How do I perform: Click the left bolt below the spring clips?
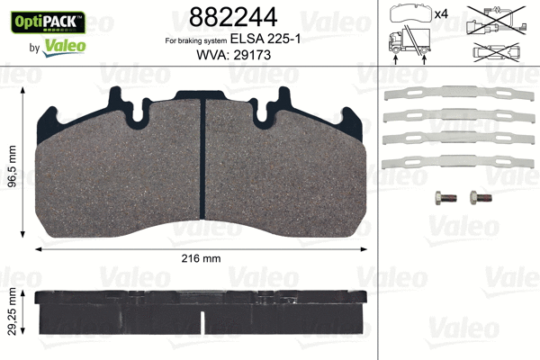click(439, 197)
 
